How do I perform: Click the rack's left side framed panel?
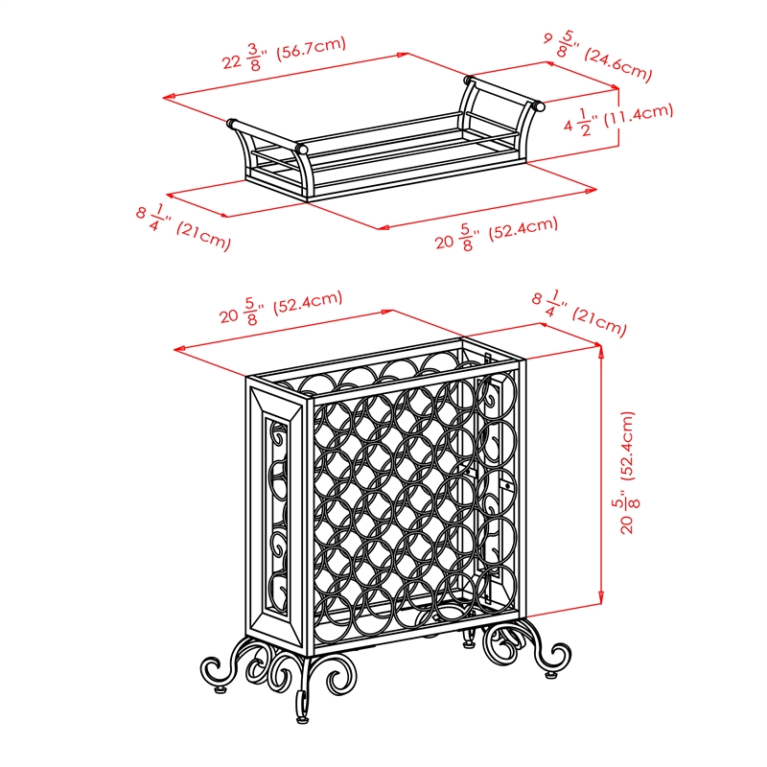276,513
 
